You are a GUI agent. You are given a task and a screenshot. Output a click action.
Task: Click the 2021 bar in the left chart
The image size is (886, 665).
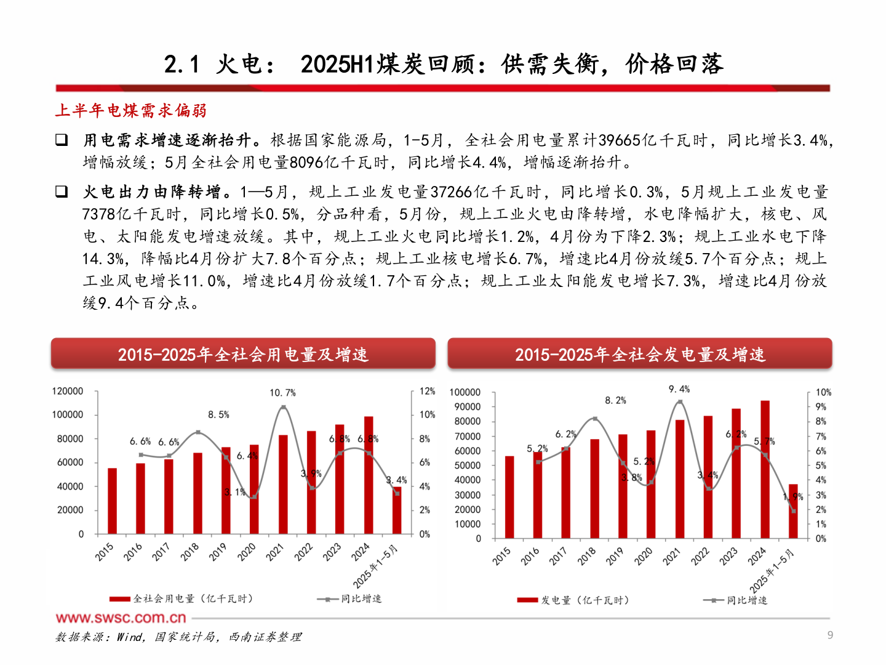click(x=283, y=484)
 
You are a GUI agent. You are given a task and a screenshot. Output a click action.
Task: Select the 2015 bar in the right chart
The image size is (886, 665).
click(x=509, y=498)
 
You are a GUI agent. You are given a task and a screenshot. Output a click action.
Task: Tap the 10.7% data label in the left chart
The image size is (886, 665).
click(x=282, y=393)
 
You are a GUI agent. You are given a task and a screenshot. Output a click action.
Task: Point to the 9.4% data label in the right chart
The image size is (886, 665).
click(x=679, y=389)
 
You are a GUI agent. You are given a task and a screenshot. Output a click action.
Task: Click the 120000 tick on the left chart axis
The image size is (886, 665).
click(x=68, y=392)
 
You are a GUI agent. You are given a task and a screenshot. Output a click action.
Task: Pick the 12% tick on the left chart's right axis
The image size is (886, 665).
click(x=427, y=392)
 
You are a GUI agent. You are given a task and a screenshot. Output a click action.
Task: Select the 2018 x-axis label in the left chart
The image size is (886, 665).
click(x=190, y=551)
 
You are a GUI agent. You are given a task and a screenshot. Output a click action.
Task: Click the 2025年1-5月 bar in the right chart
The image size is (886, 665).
click(x=793, y=511)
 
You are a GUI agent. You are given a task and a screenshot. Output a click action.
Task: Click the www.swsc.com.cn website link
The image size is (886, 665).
click(x=121, y=618)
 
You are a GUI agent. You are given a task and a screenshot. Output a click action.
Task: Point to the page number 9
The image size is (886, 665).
click(x=830, y=635)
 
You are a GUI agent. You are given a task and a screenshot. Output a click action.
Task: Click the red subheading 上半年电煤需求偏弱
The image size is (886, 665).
click(x=130, y=111)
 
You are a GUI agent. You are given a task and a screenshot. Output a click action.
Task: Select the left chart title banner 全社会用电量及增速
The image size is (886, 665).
click(x=243, y=354)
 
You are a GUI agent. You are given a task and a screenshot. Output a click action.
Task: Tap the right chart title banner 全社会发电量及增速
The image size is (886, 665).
click(x=640, y=354)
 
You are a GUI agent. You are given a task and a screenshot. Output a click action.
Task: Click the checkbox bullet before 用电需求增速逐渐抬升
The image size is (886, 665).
click(x=62, y=140)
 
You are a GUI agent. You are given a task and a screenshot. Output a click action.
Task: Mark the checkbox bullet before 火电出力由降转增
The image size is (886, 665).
click(x=62, y=191)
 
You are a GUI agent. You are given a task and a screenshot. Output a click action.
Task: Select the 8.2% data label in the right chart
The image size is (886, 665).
click(x=615, y=400)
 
